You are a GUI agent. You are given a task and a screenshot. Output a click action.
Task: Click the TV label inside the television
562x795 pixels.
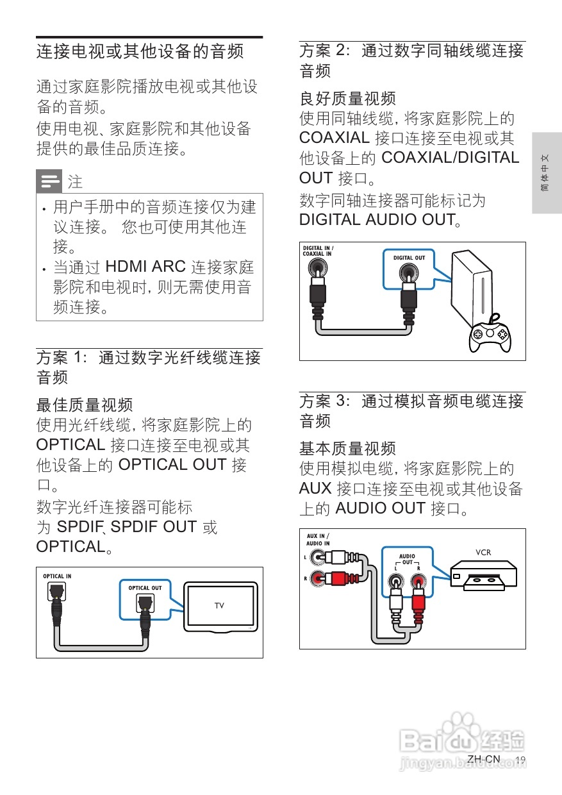click(x=219, y=605)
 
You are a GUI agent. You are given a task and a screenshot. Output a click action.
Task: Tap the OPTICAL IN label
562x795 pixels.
click(x=57, y=576)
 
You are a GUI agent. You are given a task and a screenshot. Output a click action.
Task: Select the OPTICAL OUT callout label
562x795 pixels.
click(x=145, y=587)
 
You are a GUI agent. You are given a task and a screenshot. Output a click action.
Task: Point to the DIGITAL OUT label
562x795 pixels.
click(x=409, y=258)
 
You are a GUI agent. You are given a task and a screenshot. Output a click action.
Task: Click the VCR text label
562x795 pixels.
click(x=483, y=552)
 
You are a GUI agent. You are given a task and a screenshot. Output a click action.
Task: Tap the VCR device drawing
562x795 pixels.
click(x=483, y=574)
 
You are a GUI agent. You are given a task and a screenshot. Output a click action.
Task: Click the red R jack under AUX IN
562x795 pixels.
click(x=318, y=578)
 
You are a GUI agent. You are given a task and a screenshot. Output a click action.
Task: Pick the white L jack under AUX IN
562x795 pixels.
click(x=318, y=558)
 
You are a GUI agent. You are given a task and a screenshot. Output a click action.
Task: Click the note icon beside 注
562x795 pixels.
click(x=49, y=182)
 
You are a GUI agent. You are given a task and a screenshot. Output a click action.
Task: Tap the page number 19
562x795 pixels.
click(x=520, y=760)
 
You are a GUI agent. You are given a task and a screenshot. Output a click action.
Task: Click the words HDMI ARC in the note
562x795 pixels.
click(x=145, y=267)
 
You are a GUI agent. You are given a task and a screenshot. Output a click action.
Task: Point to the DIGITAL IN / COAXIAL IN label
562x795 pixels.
click(x=318, y=251)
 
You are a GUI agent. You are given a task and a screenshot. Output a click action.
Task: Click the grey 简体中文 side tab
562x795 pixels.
click(x=546, y=173)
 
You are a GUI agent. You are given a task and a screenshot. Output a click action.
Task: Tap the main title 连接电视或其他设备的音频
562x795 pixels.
click(x=140, y=51)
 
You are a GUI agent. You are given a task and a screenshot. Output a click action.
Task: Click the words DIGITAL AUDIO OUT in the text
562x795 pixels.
click(x=377, y=220)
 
